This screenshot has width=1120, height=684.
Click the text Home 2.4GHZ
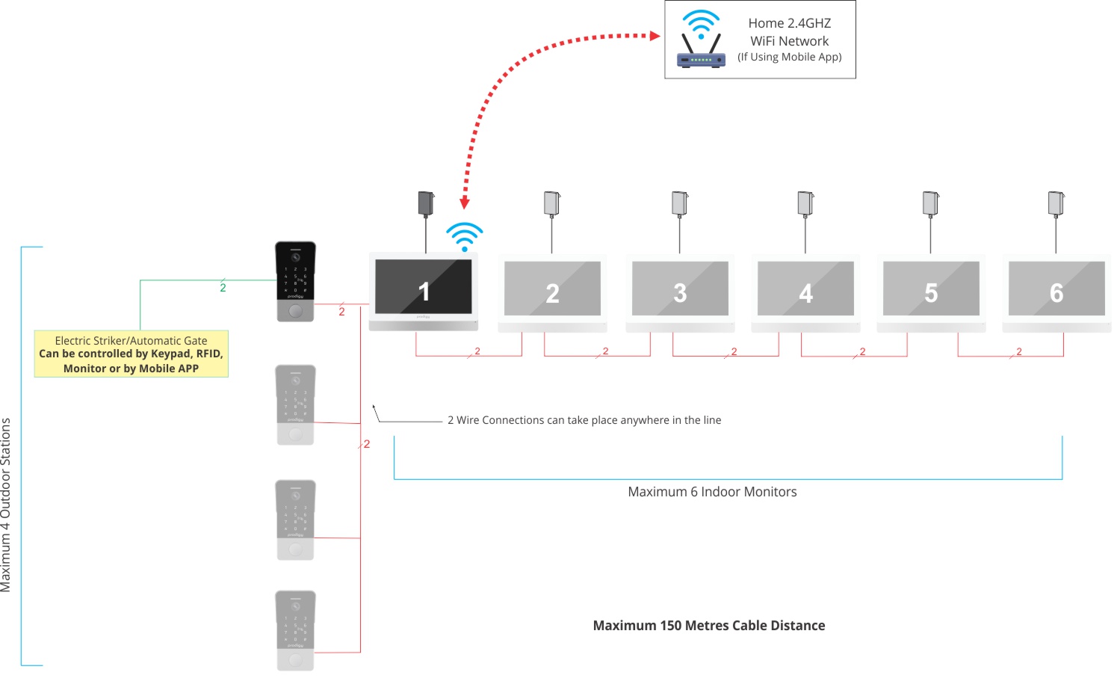point(789,23)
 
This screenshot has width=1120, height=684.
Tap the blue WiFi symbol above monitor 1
point(464,236)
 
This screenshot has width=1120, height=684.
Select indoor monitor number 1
point(424,290)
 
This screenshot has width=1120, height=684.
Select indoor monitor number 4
point(805,292)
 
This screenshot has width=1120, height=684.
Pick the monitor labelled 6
point(1056,292)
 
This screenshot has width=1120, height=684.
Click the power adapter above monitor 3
point(679,203)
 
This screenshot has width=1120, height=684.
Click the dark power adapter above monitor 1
point(426,203)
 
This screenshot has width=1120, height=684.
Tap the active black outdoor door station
point(296,280)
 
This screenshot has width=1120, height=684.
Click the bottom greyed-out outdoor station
point(296,629)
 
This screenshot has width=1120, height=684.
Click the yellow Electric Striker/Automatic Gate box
point(131,354)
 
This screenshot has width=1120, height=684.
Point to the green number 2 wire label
point(223,288)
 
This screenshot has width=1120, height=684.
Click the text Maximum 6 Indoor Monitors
point(712,492)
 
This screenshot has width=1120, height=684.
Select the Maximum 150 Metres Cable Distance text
point(708,626)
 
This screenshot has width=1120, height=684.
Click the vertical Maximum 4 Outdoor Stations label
point(7,505)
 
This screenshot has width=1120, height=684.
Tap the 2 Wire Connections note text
point(584,420)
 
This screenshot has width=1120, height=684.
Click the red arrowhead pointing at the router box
point(655,35)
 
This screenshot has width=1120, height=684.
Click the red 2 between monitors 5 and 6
point(1018,351)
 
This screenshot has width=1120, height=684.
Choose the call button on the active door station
point(296,311)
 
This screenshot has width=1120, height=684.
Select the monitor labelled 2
point(552,292)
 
